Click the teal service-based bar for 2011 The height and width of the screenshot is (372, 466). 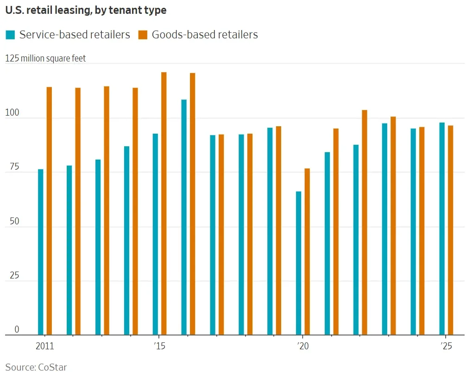click(x=41, y=252)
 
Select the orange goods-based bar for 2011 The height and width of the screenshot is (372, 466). click(x=49, y=211)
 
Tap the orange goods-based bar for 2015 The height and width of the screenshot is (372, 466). click(x=164, y=203)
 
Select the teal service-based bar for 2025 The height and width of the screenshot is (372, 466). click(x=442, y=229)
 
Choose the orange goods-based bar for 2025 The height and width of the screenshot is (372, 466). click(x=450, y=230)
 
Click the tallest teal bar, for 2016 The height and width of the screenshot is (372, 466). click(x=184, y=217)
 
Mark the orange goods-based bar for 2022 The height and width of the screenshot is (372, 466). click(x=365, y=222)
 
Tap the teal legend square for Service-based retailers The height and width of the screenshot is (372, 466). click(x=10, y=35)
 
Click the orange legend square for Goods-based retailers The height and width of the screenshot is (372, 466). click(x=143, y=35)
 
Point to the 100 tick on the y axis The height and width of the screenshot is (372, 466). click(x=12, y=113)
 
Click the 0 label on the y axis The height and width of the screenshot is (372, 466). click(x=17, y=329)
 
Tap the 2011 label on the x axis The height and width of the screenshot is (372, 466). click(x=44, y=347)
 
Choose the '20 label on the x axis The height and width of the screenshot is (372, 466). click(x=302, y=347)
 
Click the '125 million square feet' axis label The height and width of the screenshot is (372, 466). click(x=45, y=59)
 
